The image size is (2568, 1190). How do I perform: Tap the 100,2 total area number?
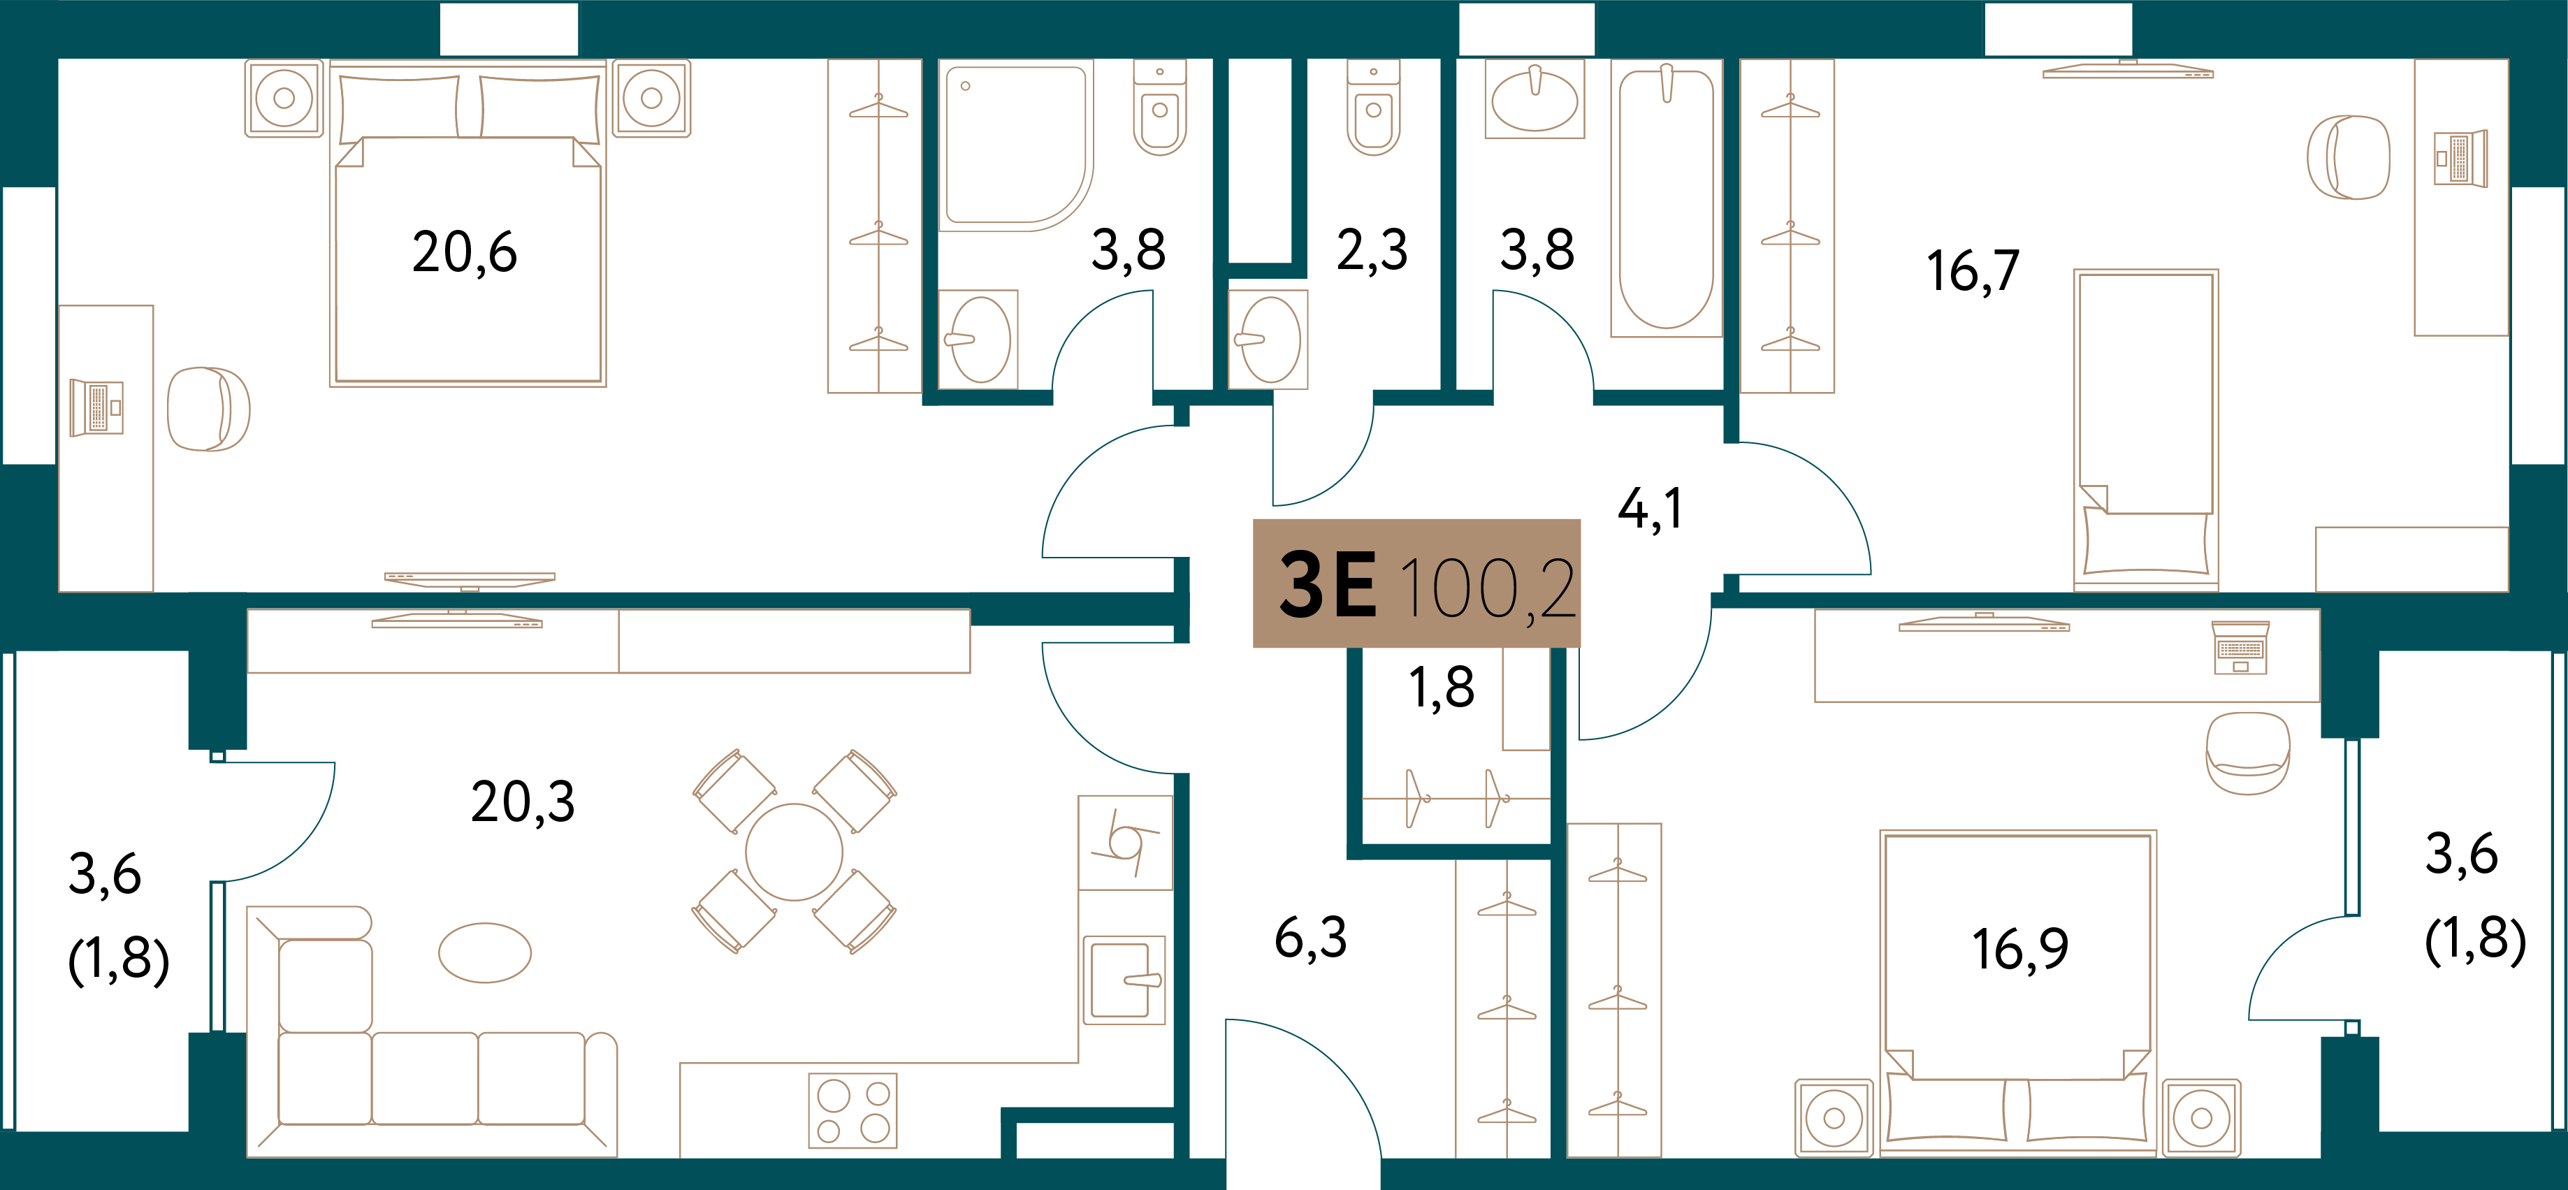point(1488,588)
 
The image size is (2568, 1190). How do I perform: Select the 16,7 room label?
point(1973,271)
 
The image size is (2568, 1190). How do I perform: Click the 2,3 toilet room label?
point(1372,250)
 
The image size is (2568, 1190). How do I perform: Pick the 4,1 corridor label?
point(1650,509)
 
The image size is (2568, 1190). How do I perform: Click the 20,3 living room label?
point(523,802)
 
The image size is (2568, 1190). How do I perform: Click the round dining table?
point(794,852)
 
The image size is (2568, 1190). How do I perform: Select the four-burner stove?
point(853,1110)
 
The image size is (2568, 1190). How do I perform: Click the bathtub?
point(1666,198)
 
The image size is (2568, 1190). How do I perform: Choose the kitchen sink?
point(1124,980)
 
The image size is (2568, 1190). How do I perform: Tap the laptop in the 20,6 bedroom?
point(96,407)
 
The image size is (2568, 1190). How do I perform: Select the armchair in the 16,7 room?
point(2348,157)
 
